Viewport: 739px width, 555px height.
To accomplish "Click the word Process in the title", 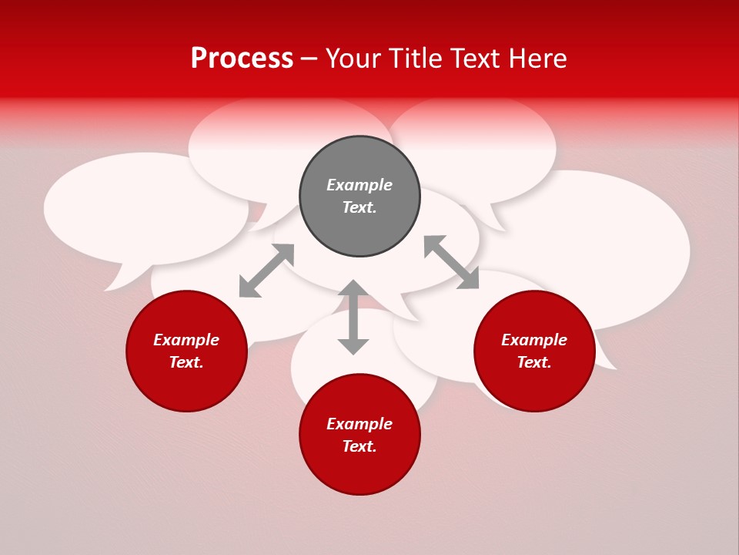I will pos(242,59).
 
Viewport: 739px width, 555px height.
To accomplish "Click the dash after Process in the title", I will pos(309,59).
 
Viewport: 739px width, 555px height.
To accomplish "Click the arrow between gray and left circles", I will pos(266,271).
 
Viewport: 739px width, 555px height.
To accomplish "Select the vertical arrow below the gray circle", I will pos(353,317).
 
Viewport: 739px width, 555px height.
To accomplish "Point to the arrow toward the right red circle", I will pos(451,262).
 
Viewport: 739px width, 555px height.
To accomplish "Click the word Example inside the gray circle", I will pos(359,185).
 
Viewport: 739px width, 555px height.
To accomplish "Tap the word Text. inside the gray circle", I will pos(359,207).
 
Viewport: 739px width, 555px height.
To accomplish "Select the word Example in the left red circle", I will pos(186,340).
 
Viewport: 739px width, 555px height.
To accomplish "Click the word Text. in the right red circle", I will pos(534,362).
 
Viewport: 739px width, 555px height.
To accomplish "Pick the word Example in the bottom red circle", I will pos(359,424).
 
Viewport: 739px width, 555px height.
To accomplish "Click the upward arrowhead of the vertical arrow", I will pos(353,288).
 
